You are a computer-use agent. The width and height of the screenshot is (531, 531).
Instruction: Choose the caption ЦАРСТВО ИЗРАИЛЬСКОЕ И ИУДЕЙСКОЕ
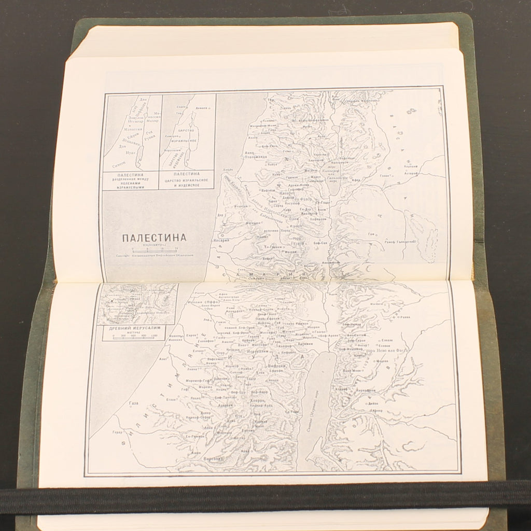coord(187,179)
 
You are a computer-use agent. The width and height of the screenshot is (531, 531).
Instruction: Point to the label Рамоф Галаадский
coord(398,242)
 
